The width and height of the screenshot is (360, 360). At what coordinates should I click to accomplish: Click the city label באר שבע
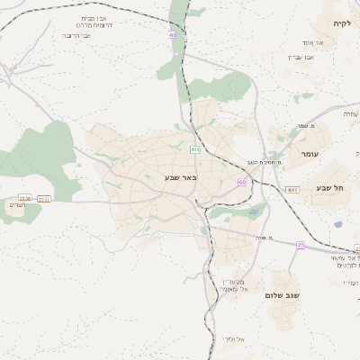[x=180, y=177]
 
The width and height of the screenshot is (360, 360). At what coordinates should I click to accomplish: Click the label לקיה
[x=341, y=23]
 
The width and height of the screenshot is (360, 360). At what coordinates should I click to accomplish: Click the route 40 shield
[x=172, y=35]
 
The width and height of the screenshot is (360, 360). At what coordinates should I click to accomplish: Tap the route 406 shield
[x=195, y=149]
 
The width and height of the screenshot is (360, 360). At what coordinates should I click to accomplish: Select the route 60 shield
[x=242, y=182]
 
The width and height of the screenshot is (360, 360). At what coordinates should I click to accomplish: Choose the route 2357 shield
[x=44, y=198]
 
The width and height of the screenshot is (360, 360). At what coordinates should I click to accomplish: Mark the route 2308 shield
[x=24, y=198]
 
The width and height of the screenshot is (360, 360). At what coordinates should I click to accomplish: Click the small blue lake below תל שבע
[x=337, y=224]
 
